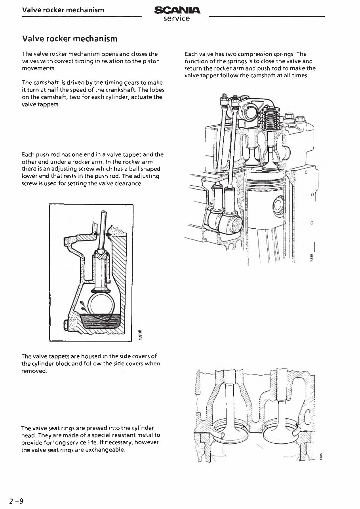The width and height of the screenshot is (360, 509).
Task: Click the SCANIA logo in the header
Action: pyautogui.click(x=177, y=10)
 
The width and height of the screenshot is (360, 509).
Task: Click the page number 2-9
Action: pyautogui.click(x=17, y=501)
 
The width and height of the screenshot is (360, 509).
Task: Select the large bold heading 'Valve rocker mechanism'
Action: pyautogui.click(x=70, y=38)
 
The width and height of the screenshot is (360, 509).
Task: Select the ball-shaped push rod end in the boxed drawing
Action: pyautogui.click(x=100, y=252)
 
